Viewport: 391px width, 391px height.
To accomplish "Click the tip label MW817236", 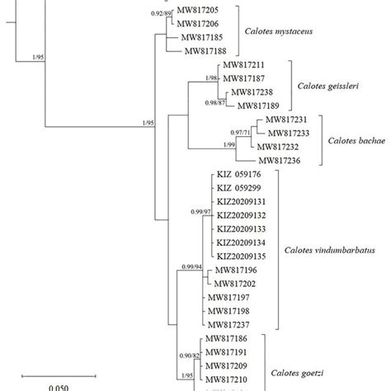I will pyautogui.click(x=283, y=161).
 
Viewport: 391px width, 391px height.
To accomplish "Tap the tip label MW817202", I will pyautogui.click(x=237, y=283).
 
